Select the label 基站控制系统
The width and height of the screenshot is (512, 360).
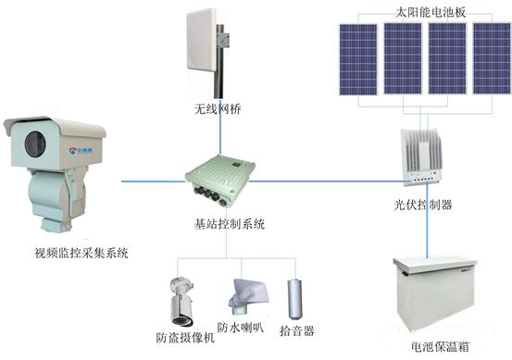[230, 224]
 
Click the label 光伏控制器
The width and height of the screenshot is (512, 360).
[427, 205]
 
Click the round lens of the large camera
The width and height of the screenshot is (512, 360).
[32, 144]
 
